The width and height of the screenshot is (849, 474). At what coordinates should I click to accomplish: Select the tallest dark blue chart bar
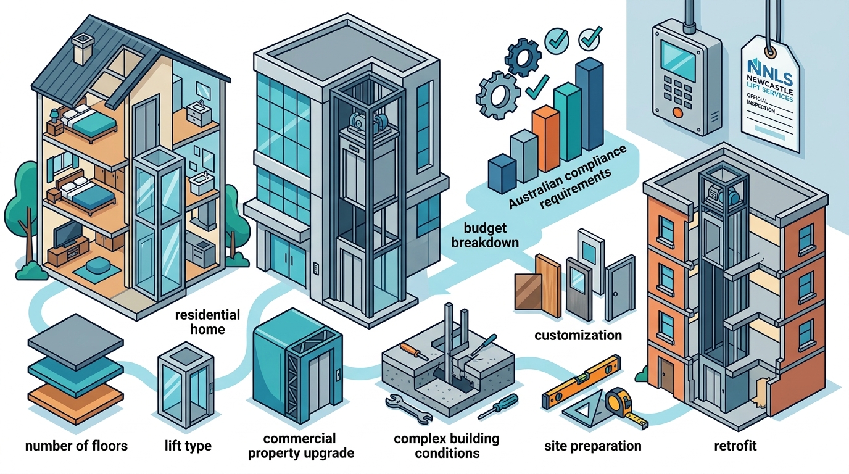point(590,104)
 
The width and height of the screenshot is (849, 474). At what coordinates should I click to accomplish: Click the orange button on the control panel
point(677,112)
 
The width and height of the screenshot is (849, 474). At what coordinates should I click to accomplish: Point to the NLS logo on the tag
point(770,72)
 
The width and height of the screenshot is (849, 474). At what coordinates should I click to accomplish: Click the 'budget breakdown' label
point(485,235)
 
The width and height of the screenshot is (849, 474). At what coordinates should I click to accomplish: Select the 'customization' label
point(578,335)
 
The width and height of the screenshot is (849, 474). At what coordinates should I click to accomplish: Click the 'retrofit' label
point(735,446)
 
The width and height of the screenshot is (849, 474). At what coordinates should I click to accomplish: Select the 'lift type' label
point(188,446)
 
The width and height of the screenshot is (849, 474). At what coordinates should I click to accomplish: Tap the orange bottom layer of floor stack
point(76,398)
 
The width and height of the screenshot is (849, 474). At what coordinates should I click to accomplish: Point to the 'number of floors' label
point(76,446)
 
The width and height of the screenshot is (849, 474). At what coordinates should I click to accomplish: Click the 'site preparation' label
point(593,446)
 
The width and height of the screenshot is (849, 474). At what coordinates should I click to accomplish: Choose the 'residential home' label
point(207,322)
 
